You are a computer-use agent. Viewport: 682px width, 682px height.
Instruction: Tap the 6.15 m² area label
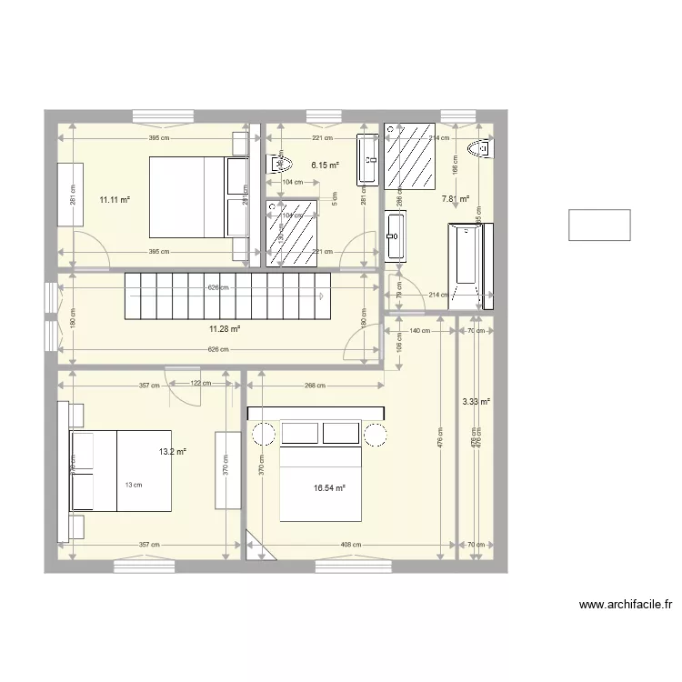point(325,165)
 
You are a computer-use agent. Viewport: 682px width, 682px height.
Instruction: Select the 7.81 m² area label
point(455,198)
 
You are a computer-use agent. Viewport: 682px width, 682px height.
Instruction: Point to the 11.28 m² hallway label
point(224,329)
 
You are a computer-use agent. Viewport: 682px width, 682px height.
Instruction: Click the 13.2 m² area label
point(172,451)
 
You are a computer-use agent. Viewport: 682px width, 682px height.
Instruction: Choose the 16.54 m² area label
point(329,488)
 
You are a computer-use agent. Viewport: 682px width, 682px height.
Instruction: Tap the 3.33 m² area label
point(476,401)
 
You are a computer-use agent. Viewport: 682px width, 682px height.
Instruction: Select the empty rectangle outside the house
point(599,225)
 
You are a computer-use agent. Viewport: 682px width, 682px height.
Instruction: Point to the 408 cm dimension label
point(351,545)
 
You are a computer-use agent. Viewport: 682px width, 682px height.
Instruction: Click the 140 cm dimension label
point(419,331)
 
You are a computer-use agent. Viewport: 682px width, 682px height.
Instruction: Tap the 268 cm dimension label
point(315,385)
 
